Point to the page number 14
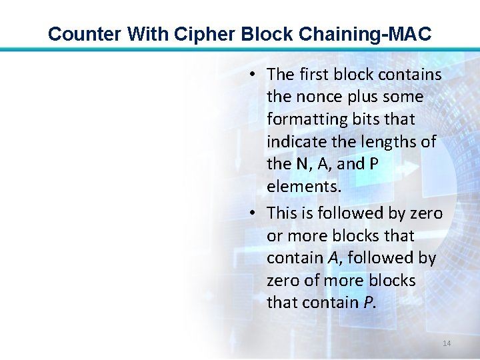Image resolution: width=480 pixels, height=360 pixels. pyautogui.click(x=447, y=343)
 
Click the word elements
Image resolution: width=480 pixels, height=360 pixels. pyautogui.click(x=303, y=187)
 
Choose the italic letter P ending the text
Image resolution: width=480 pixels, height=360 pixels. pyautogui.click(x=369, y=303)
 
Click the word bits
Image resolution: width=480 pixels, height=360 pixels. pyautogui.click(x=361, y=119)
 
